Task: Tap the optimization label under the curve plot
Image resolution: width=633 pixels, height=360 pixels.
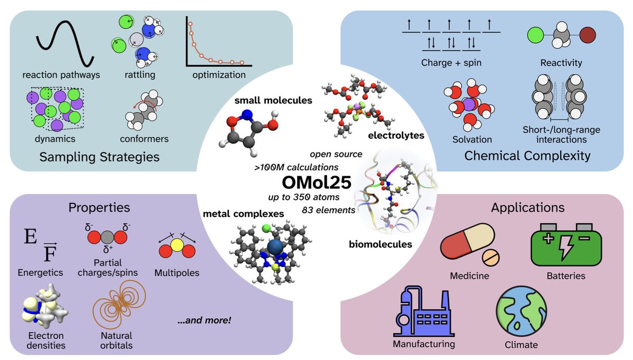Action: point(219,74)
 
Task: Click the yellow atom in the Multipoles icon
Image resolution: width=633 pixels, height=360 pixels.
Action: point(176,245)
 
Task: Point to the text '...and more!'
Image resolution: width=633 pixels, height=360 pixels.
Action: point(204,320)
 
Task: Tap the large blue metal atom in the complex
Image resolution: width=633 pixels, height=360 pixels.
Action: point(274,248)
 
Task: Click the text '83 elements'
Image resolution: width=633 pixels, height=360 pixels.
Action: point(327,210)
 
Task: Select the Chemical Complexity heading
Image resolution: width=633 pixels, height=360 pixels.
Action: point(527,156)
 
